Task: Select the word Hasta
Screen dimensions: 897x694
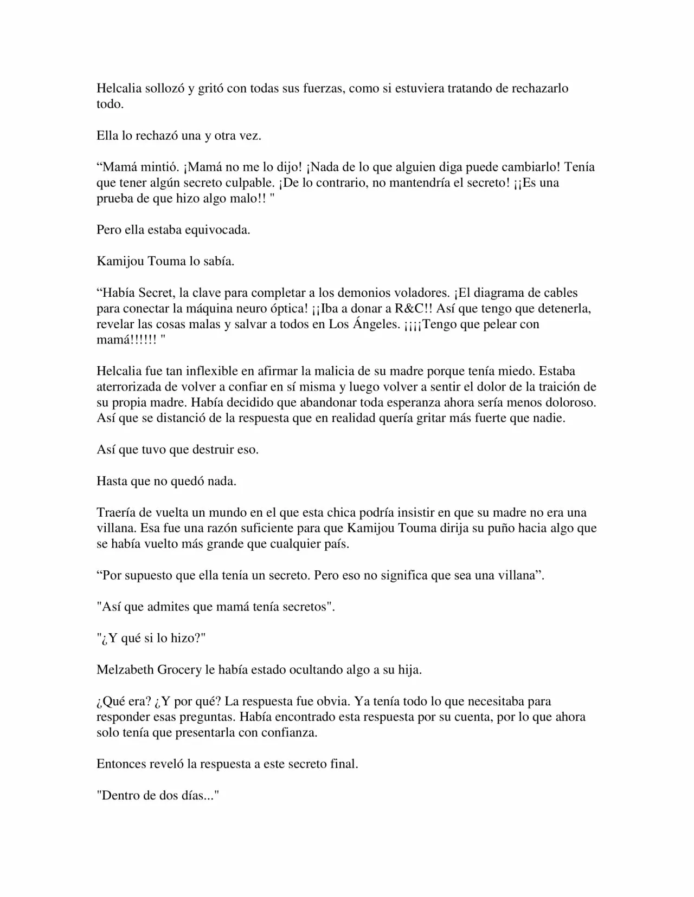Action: click(112, 482)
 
